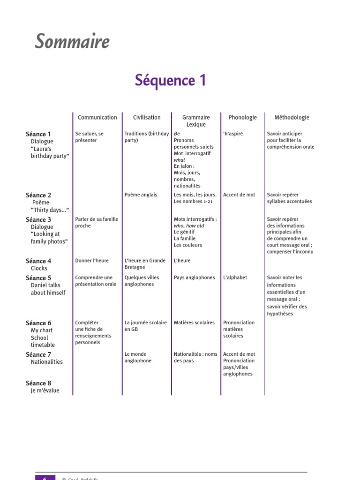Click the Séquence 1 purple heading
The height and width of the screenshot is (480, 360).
click(171, 80)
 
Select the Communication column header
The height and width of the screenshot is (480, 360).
click(97, 118)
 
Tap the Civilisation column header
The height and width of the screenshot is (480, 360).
click(147, 118)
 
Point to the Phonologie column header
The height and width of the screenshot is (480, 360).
click(242, 118)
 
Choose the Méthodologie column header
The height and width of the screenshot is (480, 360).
click(292, 118)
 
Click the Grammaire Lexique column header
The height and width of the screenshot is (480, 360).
click(196, 121)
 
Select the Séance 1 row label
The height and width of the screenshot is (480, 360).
click(38, 134)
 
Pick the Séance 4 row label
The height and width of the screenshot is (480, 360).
click(38, 261)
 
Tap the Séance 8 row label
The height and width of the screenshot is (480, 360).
click(38, 383)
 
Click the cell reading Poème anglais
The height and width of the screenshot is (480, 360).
click(141, 195)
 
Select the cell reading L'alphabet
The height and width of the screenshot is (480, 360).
click(235, 277)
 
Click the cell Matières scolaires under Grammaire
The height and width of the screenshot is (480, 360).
click(194, 322)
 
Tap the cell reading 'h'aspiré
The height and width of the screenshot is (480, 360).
click(233, 134)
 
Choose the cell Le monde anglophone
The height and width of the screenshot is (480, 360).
click(138, 358)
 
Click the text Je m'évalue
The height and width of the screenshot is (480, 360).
click(45, 390)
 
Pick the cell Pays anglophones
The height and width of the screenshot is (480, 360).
click(194, 277)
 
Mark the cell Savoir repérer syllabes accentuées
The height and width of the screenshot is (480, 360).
click(289, 198)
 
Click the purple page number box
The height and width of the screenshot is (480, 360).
click(45, 477)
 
